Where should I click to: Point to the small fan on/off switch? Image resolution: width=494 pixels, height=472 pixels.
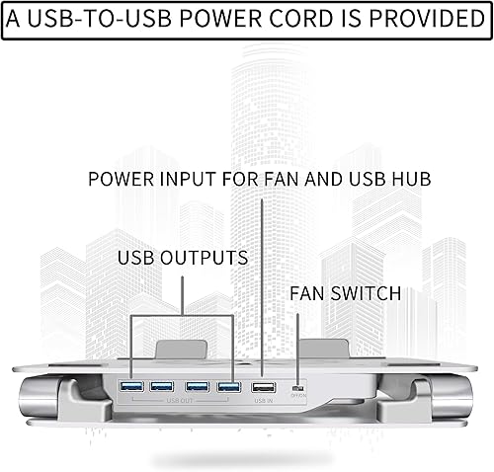(300, 388)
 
